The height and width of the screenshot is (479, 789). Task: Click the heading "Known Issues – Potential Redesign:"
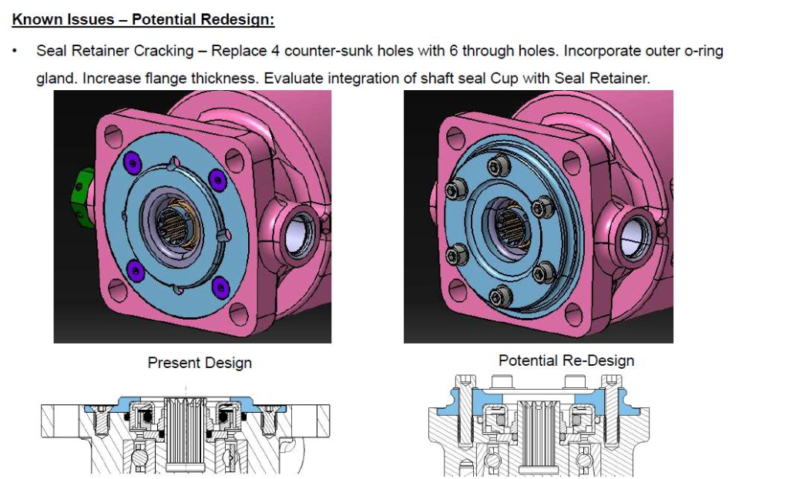click(x=143, y=19)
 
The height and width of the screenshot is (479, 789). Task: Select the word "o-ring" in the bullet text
click(x=703, y=52)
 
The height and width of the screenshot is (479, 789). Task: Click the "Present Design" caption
click(x=200, y=363)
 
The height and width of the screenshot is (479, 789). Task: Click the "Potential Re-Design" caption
click(x=566, y=360)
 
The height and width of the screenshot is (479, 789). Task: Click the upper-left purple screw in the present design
click(x=133, y=162)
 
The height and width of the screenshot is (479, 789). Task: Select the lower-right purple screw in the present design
click(x=220, y=287)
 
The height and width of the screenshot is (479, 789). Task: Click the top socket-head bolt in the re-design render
click(x=499, y=165)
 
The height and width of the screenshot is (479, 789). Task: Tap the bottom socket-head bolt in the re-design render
click(x=501, y=296)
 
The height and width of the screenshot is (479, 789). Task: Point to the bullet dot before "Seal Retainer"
click(x=15, y=51)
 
